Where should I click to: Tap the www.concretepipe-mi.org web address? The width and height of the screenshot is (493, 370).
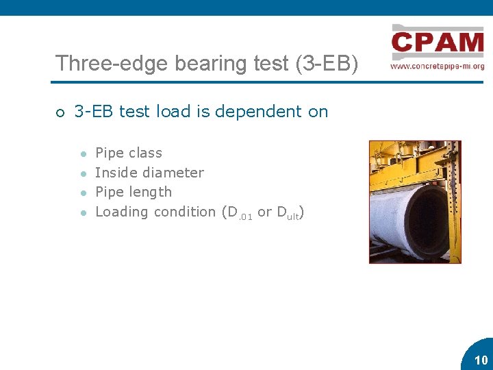(437, 66)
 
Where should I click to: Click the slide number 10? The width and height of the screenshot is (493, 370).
(481, 360)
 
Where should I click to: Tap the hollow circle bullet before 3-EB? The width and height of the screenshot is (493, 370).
(60, 112)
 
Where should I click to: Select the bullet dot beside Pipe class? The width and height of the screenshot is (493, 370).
(82, 153)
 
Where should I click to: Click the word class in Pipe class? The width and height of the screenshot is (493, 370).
(146, 153)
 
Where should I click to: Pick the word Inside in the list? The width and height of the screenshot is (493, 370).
(114, 173)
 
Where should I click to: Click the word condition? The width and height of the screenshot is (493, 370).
(184, 212)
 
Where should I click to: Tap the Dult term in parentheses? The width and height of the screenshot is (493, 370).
(288, 213)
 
